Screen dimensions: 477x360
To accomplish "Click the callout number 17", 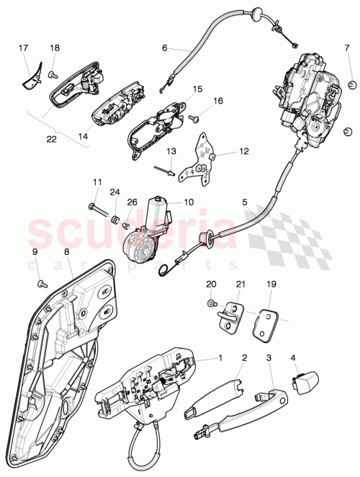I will (x=23, y=48).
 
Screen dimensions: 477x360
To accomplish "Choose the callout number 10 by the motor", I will (x=189, y=202).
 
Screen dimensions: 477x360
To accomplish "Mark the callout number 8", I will (x=66, y=252).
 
